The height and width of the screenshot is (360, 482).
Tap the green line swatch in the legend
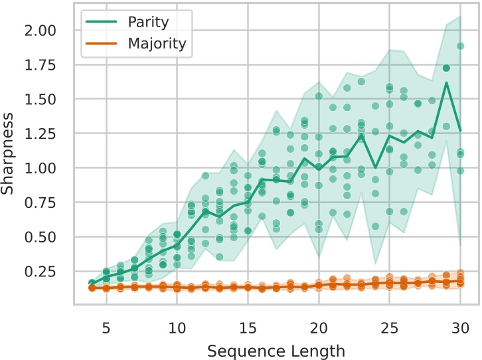tap(102, 22)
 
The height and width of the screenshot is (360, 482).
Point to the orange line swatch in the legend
tap(102, 44)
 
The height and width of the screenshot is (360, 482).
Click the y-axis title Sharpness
tap(9, 153)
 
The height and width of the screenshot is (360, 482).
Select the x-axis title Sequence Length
tap(276, 349)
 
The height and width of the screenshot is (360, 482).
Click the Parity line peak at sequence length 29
tap(446, 82)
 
